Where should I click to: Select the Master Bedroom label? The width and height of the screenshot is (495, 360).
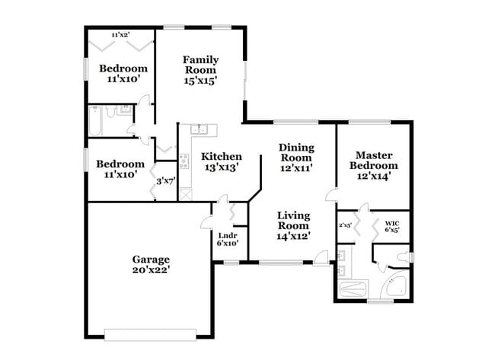(373, 160)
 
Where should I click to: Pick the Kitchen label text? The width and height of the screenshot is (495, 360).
(222, 157)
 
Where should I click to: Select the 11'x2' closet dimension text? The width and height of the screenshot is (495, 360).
(120, 35)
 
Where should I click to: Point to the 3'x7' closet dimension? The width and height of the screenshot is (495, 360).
(166, 181)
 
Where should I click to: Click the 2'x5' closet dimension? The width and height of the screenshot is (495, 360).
(345, 225)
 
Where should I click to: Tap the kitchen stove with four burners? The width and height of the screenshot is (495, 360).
(184, 161)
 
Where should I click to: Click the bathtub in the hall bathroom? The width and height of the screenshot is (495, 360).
(95, 120)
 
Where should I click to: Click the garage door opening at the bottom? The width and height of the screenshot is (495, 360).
(149, 333)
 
